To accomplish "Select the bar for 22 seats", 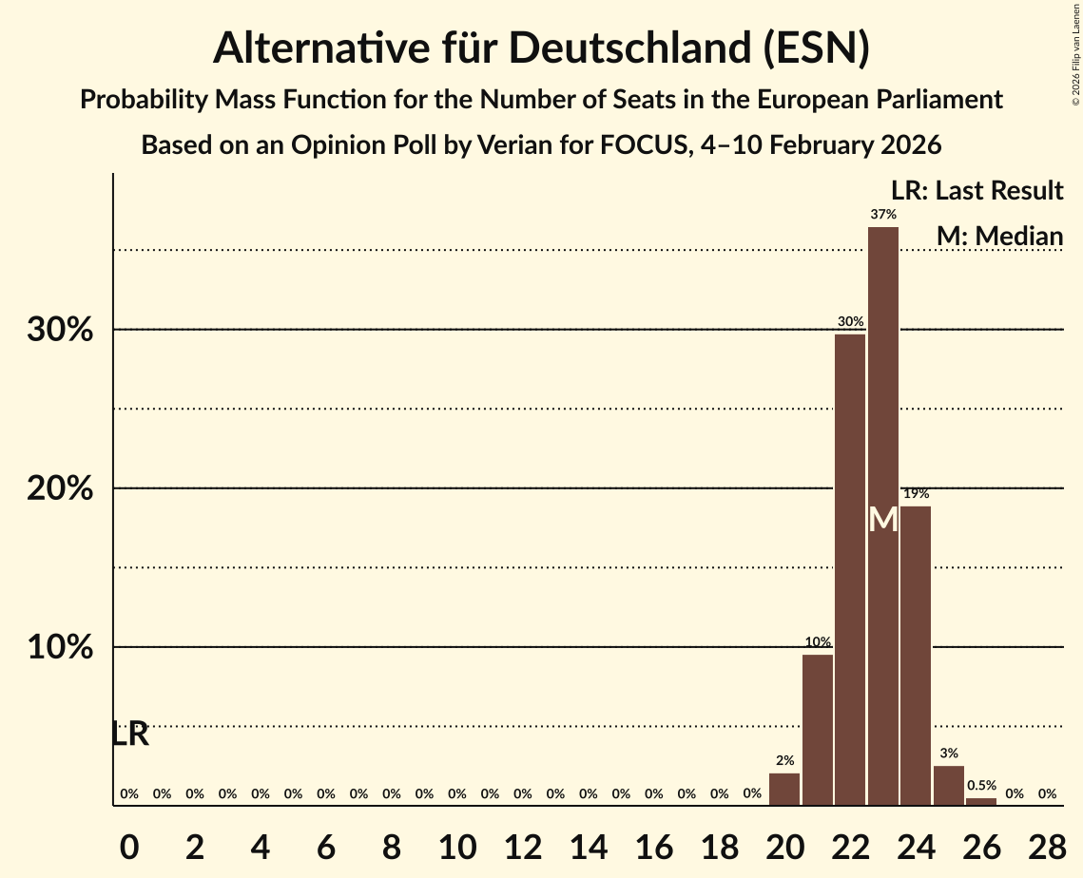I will coord(850,569).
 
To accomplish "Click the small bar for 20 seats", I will coord(784,789).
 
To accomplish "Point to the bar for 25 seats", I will coord(948,786).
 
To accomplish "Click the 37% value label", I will coord(882,215).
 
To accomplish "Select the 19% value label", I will coord(916,494).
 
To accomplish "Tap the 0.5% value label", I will coord(981,786).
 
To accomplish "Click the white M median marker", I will coord(883,520).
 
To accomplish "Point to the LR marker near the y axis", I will coord(130,735).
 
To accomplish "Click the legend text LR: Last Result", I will coord(977,191).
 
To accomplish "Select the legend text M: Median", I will coord(999,236).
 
